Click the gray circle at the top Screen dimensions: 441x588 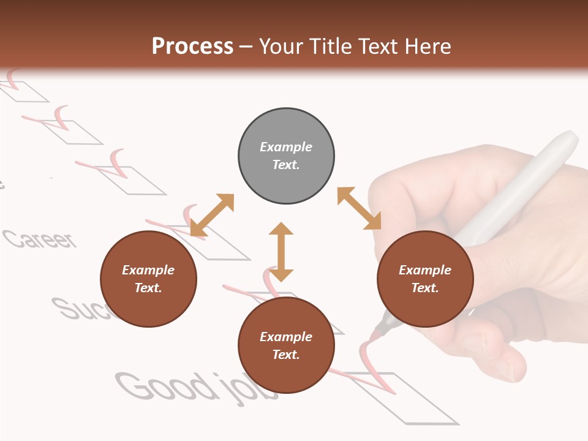tap(286, 156)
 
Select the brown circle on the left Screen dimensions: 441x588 tap(148, 279)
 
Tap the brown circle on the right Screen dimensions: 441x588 tap(425, 279)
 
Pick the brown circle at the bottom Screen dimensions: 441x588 tap(286, 345)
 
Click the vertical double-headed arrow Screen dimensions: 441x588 tap(281, 252)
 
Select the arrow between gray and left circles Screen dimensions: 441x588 tap(213, 214)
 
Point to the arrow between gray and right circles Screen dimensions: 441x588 tap(359, 208)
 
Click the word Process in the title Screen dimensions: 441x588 tap(192, 46)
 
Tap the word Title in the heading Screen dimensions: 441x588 tap(329, 46)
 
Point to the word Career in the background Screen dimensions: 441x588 tap(40, 239)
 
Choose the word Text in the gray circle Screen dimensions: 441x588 tap(286, 165)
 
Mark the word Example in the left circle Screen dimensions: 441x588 tap(148, 270)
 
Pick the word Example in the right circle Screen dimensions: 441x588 tap(425, 270)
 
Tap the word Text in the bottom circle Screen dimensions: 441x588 tap(286, 355)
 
